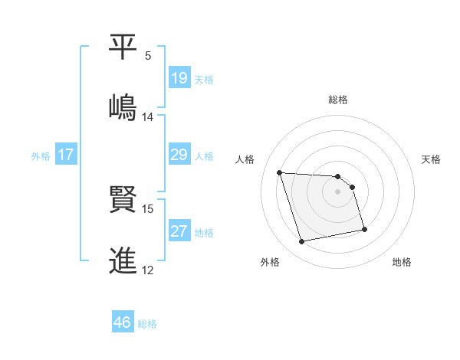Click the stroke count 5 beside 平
[148, 56]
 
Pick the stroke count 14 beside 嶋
[148, 117]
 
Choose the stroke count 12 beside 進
[148, 270]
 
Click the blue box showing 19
[179, 78]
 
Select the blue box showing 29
[179, 155]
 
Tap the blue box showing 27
[179, 231]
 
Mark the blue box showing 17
[66, 155]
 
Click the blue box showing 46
[123, 322]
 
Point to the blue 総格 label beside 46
[147, 324]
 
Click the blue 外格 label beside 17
[41, 156]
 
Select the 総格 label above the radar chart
[338, 100]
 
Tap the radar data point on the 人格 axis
[280, 172]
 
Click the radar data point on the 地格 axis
[364, 229]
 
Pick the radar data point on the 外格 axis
[302, 242]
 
